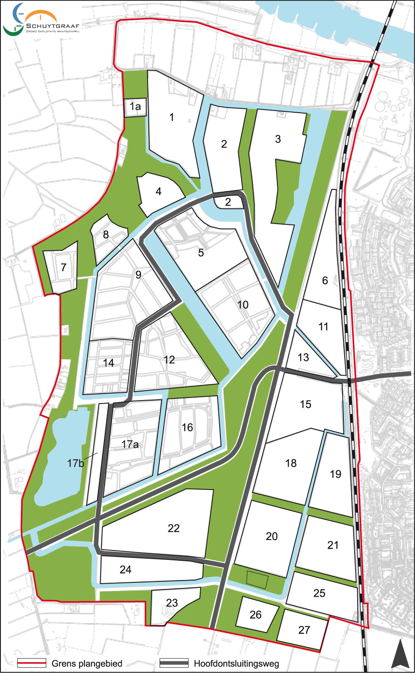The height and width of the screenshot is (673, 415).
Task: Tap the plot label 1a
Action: point(135,107)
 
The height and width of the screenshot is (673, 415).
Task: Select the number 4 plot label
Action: point(158,191)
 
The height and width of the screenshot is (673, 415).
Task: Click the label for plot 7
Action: point(63,268)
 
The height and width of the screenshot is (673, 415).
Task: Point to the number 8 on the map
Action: point(106,234)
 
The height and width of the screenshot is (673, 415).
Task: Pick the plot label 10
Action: point(243,305)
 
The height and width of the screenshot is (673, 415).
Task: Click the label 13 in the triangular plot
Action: point(303,357)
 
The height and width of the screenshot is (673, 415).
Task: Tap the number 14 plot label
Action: point(109,363)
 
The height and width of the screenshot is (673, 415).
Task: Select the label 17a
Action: point(130,444)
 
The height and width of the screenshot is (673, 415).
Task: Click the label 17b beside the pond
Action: point(75,463)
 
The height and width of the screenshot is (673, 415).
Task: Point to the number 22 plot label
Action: point(174,528)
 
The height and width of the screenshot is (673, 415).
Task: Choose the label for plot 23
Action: point(172,603)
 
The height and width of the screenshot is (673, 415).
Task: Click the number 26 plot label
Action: point(255,615)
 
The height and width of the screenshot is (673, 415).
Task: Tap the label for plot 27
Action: point(304,630)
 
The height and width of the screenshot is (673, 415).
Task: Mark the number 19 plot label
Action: point(336,474)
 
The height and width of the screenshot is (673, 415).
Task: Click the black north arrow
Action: point(400,654)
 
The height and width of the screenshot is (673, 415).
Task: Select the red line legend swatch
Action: point(31,663)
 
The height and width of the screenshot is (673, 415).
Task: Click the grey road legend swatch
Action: point(174,663)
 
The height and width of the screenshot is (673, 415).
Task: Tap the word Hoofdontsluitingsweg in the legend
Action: point(236,664)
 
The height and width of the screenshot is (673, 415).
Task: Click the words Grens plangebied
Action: point(87,664)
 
